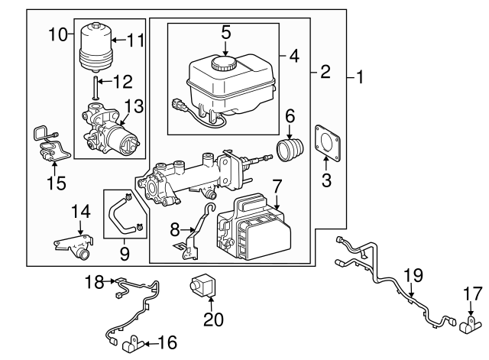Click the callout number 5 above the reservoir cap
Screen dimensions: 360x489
click(225, 32)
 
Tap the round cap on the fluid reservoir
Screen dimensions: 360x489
click(225, 62)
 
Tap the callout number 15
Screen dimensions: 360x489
click(54, 183)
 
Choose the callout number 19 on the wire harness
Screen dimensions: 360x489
click(413, 274)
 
